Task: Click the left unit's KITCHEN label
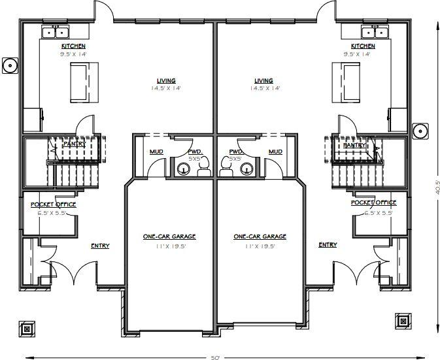pyautogui.click(x=73, y=46)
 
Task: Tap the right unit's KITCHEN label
pyautogui.click(x=363, y=46)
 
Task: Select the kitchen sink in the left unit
pyautogui.click(x=55, y=31)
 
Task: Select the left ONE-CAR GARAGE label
pyautogui.click(x=169, y=237)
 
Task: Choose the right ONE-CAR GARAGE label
pyautogui.click(x=260, y=237)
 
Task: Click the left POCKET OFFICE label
pyautogui.click(x=53, y=205)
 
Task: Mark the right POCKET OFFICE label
pyautogui.click(x=373, y=203)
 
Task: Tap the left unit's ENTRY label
pyautogui.click(x=100, y=246)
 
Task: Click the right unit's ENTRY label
pyautogui.click(x=328, y=245)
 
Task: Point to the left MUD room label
pyautogui.click(x=156, y=152)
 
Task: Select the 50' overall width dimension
pyautogui.click(x=216, y=357)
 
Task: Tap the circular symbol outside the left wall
pyautogui.click(x=10, y=65)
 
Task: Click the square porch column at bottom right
pyautogui.click(x=401, y=320)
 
